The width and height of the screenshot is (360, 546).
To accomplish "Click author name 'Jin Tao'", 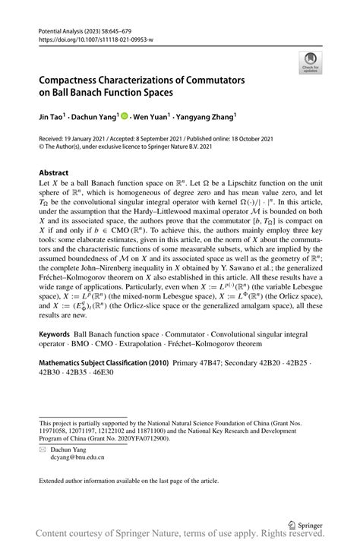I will point(52,118).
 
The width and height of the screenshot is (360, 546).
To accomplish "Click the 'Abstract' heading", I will point(55,172).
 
